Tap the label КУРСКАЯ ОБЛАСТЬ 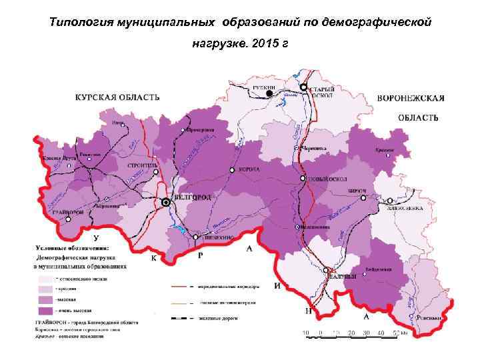coord(117,97)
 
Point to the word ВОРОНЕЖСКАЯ coord(411,98)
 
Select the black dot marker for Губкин coord(269,94)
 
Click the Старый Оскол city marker coord(303,87)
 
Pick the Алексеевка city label coord(403,208)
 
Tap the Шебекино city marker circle coord(195,237)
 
